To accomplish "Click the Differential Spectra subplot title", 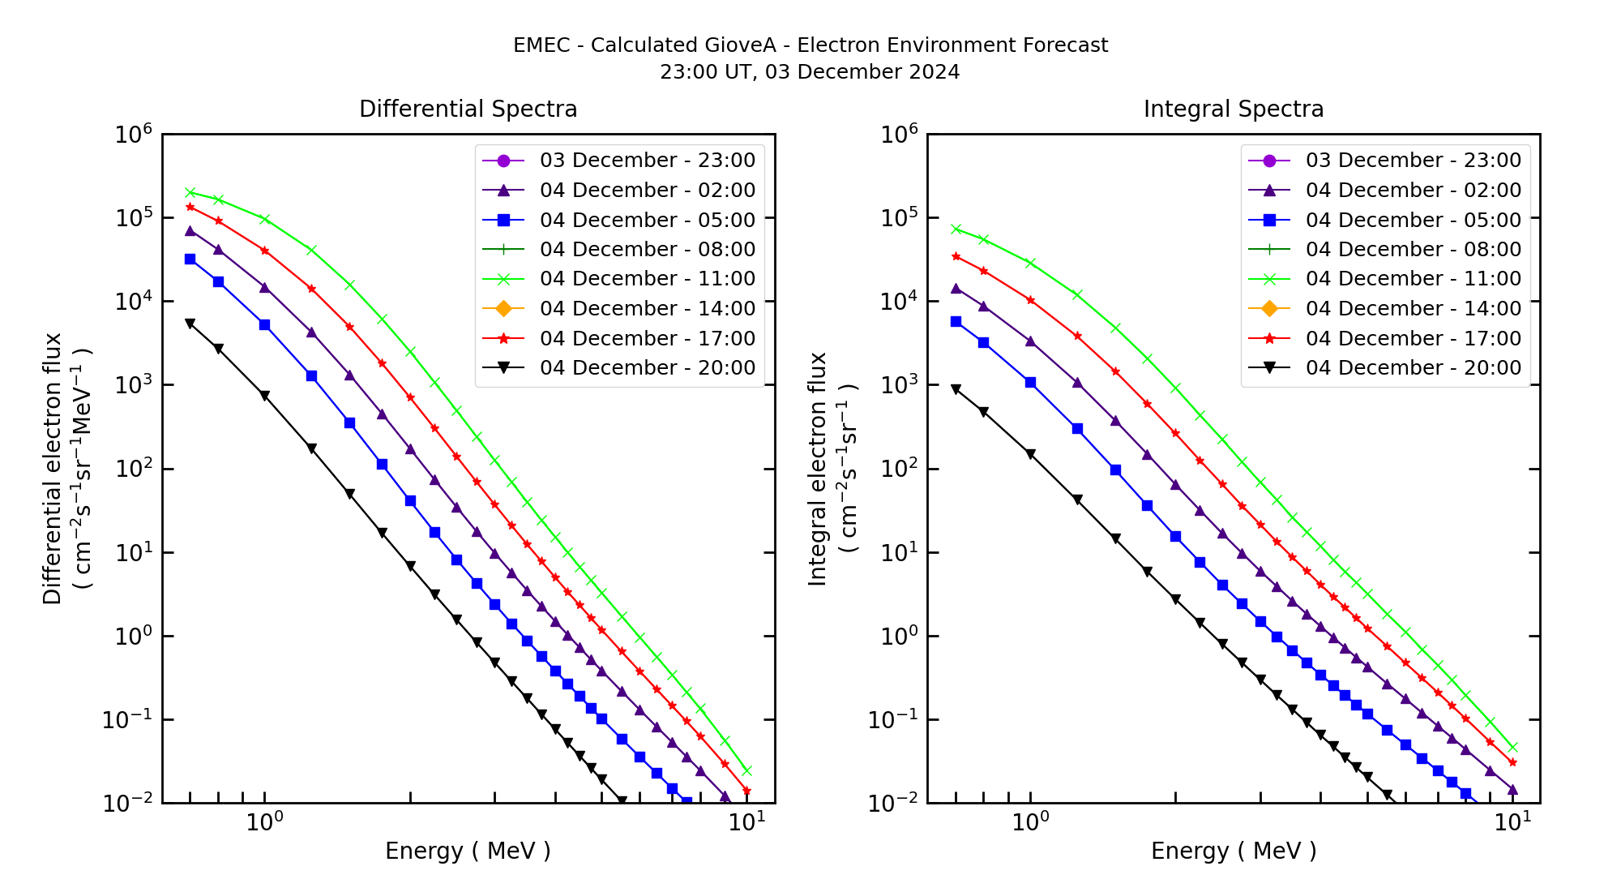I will point(468,109).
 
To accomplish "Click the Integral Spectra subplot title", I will point(1233,109).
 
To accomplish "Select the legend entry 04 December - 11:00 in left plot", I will point(647,279).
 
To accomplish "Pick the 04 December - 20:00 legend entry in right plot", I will point(1413,368).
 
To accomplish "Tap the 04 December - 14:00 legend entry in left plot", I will point(647,309).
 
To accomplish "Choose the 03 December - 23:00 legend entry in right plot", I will point(1413,161).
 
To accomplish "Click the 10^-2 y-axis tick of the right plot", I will point(898,803).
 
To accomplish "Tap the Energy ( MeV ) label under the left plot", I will point(468,851).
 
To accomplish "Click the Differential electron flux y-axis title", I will point(52,469).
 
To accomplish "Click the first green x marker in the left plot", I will point(190,192).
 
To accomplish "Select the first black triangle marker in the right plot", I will point(956,389).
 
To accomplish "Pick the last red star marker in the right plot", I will point(1512,762).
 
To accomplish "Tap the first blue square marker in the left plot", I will point(190,259).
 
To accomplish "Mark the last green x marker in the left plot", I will point(746,770).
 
